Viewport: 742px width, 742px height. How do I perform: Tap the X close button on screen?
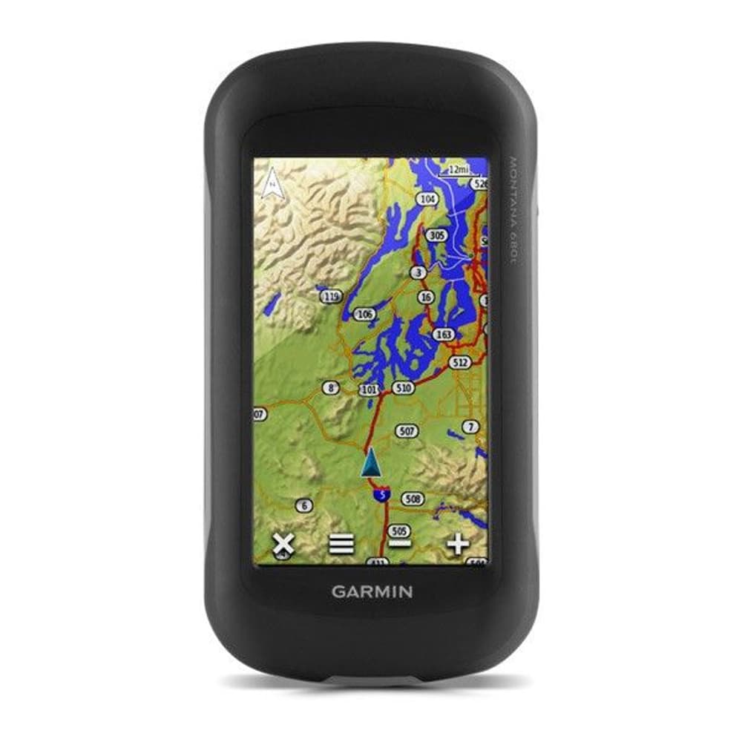click(x=283, y=545)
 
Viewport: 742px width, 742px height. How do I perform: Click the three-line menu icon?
click(x=341, y=545)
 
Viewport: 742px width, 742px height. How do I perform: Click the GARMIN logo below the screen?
click(x=372, y=591)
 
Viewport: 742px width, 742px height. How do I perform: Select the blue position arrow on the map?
click(x=372, y=464)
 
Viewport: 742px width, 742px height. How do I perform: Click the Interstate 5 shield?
click(x=381, y=493)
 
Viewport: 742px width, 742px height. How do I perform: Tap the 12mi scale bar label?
click(x=456, y=169)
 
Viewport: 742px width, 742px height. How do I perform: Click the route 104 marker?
click(x=428, y=199)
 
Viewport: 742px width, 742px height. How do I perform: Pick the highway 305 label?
click(x=438, y=235)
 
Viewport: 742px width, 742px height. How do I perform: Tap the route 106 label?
click(x=364, y=315)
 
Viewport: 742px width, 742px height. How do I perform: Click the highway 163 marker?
click(x=444, y=335)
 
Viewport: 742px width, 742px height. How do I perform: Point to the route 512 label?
click(x=460, y=362)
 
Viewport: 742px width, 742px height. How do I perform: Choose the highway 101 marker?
click(x=369, y=389)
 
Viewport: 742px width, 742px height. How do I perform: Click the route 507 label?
click(x=407, y=431)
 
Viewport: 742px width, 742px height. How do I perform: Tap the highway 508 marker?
click(x=413, y=499)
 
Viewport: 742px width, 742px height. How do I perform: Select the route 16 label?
click(x=425, y=297)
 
